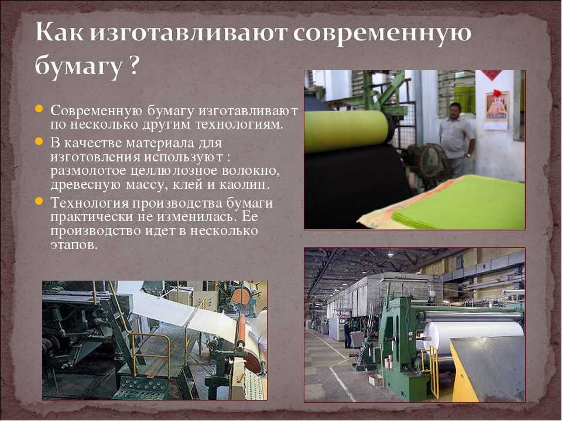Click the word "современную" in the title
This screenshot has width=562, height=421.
[382, 33]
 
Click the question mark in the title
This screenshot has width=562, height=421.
[132, 65]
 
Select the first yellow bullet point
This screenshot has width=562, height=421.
[39, 109]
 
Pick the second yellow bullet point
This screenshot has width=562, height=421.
[39, 142]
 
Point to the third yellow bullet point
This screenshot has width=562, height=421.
[39, 201]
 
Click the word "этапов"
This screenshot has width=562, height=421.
[74, 245]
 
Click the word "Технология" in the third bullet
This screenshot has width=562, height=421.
[90, 203]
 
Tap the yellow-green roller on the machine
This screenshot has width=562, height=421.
[348, 130]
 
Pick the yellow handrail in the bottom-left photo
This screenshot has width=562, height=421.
[150, 353]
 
